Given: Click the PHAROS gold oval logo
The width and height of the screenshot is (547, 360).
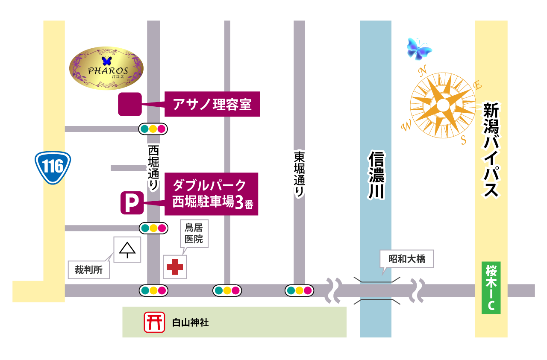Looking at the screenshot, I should click(x=106, y=68).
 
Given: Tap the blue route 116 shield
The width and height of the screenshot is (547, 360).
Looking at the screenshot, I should click(x=53, y=167).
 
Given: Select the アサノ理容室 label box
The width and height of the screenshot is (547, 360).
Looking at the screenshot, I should click(x=212, y=104).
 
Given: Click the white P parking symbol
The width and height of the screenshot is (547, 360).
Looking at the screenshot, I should click(x=132, y=203).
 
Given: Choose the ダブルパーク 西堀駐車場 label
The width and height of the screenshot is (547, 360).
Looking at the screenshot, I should click(x=212, y=194).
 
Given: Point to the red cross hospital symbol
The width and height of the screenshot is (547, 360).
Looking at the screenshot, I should click(x=175, y=267).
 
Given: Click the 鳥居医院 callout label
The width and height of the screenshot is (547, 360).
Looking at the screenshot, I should click(x=194, y=234).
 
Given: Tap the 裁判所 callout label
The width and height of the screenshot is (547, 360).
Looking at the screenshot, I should click(x=89, y=270).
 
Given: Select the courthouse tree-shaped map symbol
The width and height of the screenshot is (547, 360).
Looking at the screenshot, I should click(x=127, y=250).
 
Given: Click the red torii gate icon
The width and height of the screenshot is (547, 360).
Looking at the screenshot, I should click(x=154, y=322).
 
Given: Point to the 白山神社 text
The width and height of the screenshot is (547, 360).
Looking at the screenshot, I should click(x=190, y=322).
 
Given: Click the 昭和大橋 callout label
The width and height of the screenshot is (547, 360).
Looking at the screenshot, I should click(x=407, y=259).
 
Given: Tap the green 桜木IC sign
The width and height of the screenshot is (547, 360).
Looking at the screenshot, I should click(x=491, y=288).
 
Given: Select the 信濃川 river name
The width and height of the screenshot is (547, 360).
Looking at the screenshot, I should click(x=376, y=175).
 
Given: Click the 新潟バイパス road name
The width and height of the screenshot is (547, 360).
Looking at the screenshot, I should click(x=491, y=149).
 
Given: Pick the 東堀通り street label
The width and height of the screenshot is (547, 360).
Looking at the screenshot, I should click(x=299, y=173).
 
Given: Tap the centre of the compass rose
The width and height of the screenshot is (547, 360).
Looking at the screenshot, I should click(x=443, y=105).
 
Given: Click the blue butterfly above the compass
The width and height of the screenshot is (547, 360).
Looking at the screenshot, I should click(x=419, y=48).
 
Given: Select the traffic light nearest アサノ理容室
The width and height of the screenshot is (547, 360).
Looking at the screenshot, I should click(x=153, y=129).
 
